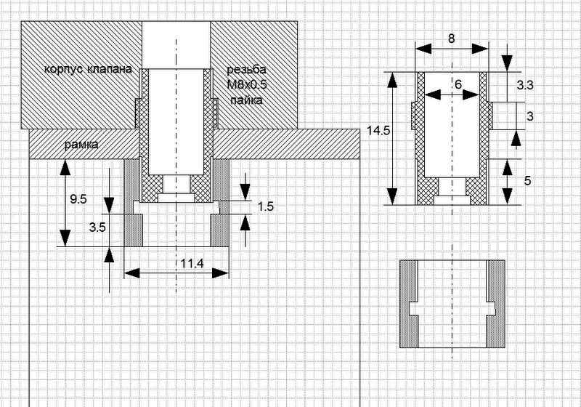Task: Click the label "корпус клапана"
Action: pos(88,69)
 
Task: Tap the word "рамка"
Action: pos(81,144)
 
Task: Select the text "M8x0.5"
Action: pos(247,85)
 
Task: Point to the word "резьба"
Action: pos(246,70)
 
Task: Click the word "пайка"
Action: pos(246,100)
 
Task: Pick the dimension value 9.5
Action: pos(78,199)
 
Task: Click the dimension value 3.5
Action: pos(97,227)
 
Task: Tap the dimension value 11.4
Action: pos(192,264)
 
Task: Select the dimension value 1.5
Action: pos(265,206)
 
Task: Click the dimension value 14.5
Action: pos(378,131)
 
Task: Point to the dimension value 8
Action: pos(451,39)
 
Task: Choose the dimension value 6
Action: pos(458,84)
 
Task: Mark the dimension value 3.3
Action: pos(525,85)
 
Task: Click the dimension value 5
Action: pos(528,181)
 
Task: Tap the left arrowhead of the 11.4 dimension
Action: pos(131,273)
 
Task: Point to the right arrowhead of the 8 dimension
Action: pos(481,48)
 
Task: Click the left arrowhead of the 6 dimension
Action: pos(432,95)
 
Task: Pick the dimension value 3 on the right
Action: pos(530,116)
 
